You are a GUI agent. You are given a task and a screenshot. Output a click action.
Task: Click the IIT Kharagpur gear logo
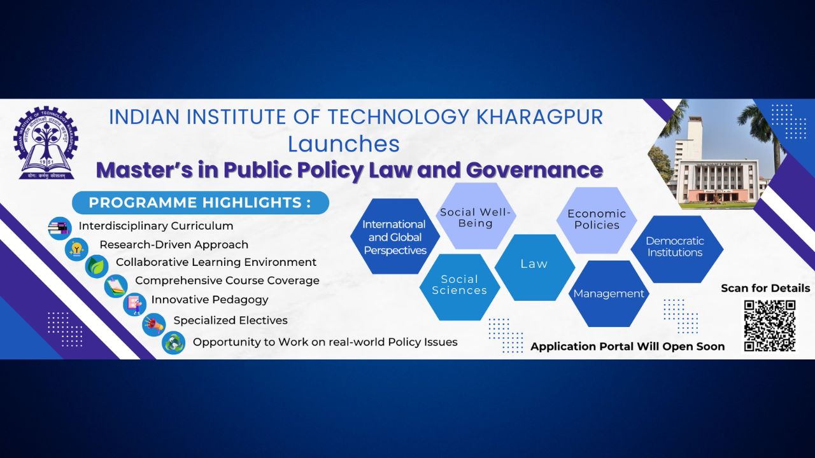(46, 143)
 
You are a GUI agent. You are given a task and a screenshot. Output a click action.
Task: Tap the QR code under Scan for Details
(770, 326)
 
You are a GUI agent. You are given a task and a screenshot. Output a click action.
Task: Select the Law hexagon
(534, 267)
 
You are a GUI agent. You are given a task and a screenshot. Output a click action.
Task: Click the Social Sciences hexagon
(460, 287)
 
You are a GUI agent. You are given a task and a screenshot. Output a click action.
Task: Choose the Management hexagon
(609, 293)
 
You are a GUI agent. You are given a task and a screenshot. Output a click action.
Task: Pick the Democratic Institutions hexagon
(677, 249)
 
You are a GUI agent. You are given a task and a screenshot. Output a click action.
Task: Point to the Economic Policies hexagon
(597, 220)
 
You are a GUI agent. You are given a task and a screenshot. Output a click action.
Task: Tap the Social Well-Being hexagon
(476, 216)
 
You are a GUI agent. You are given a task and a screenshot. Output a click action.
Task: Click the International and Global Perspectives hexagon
(395, 236)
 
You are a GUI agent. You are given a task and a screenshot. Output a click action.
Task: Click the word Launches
(344, 144)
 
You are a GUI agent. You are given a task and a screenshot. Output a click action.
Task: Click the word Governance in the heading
(534, 170)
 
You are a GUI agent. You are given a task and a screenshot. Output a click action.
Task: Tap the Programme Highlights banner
(201, 202)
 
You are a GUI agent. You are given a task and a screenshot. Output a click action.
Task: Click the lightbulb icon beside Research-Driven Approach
(77, 249)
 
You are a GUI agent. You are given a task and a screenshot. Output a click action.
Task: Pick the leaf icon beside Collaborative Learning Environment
(97, 267)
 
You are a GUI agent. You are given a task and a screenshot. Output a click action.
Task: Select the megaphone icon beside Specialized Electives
(154, 324)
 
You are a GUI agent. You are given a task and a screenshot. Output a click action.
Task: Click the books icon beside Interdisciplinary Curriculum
(60, 228)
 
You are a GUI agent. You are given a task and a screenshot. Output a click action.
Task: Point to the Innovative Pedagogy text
(210, 300)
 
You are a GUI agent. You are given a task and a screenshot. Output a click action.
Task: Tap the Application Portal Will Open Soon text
(628, 347)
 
